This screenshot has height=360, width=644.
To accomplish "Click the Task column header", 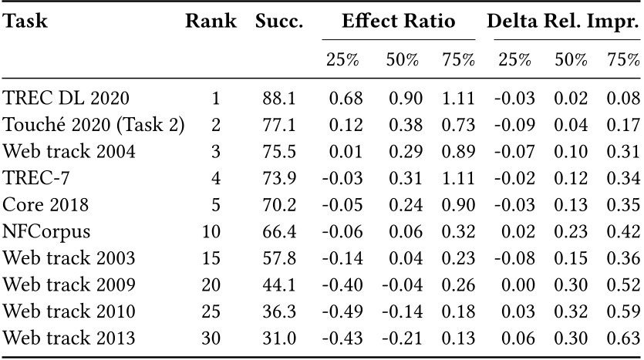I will pyautogui.click(x=25, y=22).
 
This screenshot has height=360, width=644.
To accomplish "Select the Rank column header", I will pyautogui.click(x=211, y=22).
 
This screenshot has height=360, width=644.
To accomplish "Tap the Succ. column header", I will pyautogui.click(x=278, y=22).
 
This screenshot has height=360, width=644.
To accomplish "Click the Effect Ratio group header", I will pyautogui.click(x=398, y=22).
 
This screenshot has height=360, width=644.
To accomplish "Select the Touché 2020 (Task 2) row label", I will pyautogui.click(x=93, y=125).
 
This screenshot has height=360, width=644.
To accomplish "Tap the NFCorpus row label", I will pyautogui.click(x=46, y=231).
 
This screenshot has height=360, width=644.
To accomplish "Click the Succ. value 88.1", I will pyautogui.click(x=278, y=98).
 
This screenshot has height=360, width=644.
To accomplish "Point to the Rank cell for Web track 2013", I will pyautogui.click(x=211, y=338).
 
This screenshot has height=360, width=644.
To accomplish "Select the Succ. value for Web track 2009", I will pyautogui.click(x=278, y=284).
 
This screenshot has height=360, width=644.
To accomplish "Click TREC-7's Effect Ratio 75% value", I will pyautogui.click(x=458, y=178).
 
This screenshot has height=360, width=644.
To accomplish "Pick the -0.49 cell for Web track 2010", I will pyautogui.click(x=340, y=311).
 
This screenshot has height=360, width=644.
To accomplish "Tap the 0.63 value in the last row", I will pyautogui.click(x=625, y=338).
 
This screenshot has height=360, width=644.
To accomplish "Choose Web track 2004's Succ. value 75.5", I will pyautogui.click(x=278, y=151).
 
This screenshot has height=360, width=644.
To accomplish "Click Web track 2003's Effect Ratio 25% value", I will pyautogui.click(x=340, y=258).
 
